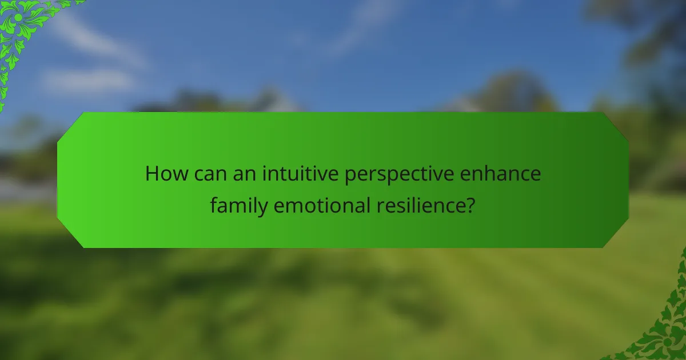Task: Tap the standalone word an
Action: (244, 173)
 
